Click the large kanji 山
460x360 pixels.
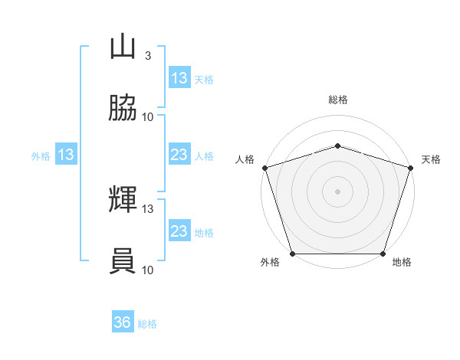pos(123,46)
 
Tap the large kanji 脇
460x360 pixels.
pos(123,108)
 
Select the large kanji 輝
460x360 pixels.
pos(123,199)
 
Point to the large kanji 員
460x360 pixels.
pos(123,261)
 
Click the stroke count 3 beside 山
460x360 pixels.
pos(148,56)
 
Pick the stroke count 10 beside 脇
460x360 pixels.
pos(147,117)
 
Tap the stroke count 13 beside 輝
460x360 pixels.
pos(147,209)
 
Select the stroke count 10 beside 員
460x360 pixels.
pos(147,270)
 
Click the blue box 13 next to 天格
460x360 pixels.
pos(180,77)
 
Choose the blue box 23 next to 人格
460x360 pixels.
pos(180,154)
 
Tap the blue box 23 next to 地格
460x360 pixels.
pos(180,230)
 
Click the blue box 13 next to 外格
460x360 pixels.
pos(66,154)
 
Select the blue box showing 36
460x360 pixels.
pos(123,321)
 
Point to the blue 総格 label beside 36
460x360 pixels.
pos(147,324)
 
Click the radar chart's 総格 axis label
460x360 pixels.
pos(338,100)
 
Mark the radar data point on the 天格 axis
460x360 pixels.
pos(411,168)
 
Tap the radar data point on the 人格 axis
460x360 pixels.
pos(265,168)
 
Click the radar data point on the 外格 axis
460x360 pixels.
pos(293,254)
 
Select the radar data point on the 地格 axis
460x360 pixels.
pos(383,254)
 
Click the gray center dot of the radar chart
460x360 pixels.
pos(337,191)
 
